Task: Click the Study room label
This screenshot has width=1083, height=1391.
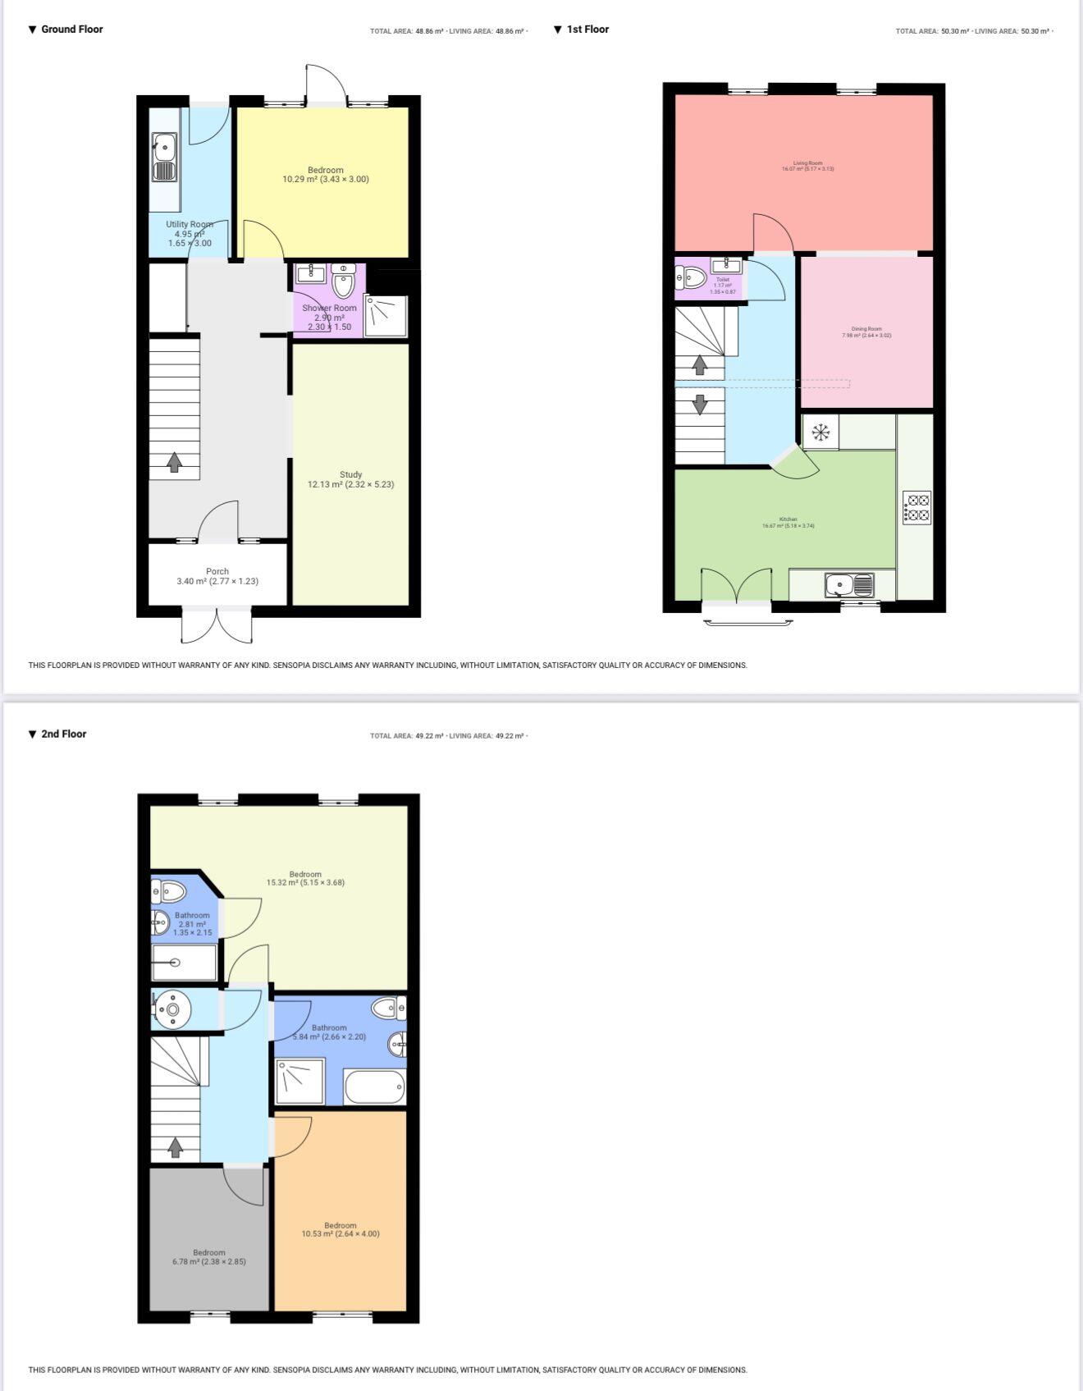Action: click(x=350, y=479)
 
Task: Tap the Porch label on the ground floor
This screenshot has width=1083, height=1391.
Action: click(x=217, y=576)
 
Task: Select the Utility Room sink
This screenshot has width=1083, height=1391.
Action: click(x=164, y=157)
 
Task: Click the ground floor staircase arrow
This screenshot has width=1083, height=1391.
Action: click(x=174, y=462)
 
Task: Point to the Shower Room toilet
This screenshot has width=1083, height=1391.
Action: click(x=343, y=281)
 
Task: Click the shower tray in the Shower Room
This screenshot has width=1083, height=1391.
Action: click(x=386, y=316)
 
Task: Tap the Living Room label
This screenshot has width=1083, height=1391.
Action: click(x=807, y=166)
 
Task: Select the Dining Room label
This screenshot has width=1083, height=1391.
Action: click(x=866, y=332)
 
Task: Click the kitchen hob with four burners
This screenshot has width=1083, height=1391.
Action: click(x=916, y=507)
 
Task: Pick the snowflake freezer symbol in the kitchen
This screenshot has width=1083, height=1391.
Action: click(x=820, y=432)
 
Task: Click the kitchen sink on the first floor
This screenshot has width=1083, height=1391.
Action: click(x=849, y=585)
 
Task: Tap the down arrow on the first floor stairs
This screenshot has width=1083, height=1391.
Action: click(x=700, y=405)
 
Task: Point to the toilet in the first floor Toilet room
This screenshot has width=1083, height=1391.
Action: click(x=691, y=278)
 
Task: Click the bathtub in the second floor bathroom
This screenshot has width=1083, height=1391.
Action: click(x=375, y=1087)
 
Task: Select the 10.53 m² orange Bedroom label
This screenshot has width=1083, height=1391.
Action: click(x=340, y=1229)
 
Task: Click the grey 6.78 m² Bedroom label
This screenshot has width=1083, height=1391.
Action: click(x=209, y=1257)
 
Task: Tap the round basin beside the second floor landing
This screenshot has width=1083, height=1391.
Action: click(x=172, y=1009)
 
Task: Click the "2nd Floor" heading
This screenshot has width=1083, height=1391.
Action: click(x=63, y=734)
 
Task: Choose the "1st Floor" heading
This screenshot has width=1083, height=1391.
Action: click(x=587, y=30)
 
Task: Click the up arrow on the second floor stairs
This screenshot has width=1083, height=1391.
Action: click(x=175, y=1146)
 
